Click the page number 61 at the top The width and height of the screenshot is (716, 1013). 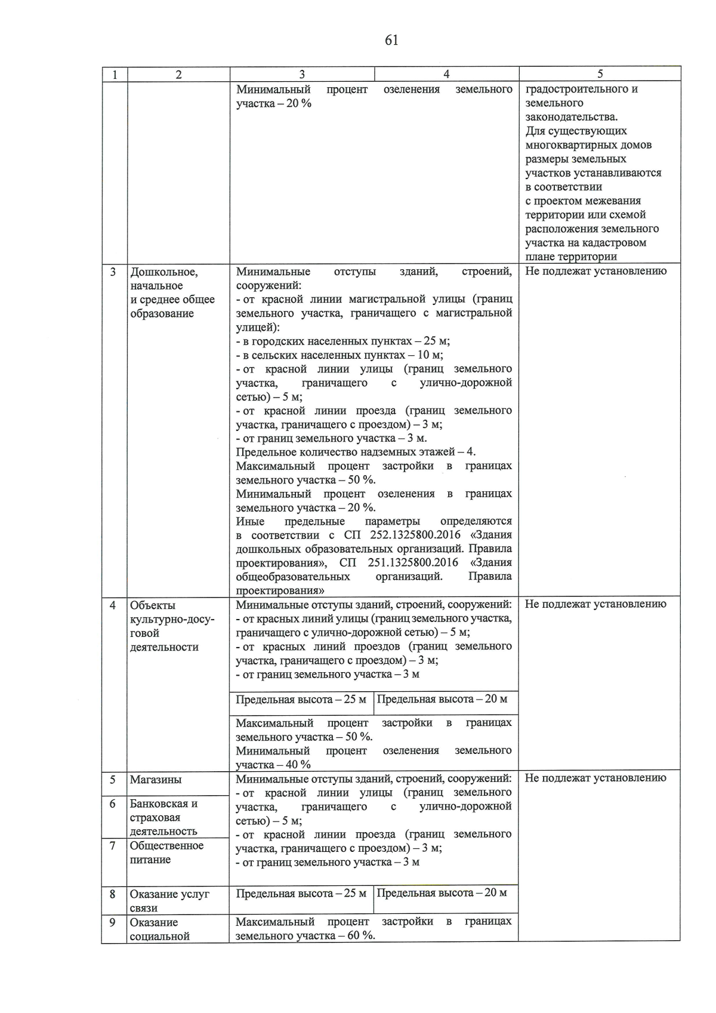[x=391, y=41]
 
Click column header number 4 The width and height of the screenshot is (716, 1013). [x=446, y=74]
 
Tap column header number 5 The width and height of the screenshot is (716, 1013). [x=600, y=74]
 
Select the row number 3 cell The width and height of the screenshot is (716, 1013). [x=113, y=272]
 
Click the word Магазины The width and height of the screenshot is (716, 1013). [x=156, y=780]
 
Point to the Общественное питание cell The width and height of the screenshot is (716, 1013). [x=166, y=852]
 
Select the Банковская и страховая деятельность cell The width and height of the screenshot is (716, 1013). [x=163, y=817]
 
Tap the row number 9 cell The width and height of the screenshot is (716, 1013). [x=113, y=922]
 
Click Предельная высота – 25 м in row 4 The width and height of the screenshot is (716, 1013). [x=301, y=699]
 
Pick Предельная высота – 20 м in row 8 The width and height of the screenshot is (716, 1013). [x=442, y=892]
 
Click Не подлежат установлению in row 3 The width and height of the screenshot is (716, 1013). [x=595, y=271]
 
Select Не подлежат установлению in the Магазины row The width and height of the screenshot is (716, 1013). [x=595, y=778]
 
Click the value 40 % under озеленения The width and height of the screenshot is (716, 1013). [x=298, y=765]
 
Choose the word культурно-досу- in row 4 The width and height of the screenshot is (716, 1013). [x=172, y=619]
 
